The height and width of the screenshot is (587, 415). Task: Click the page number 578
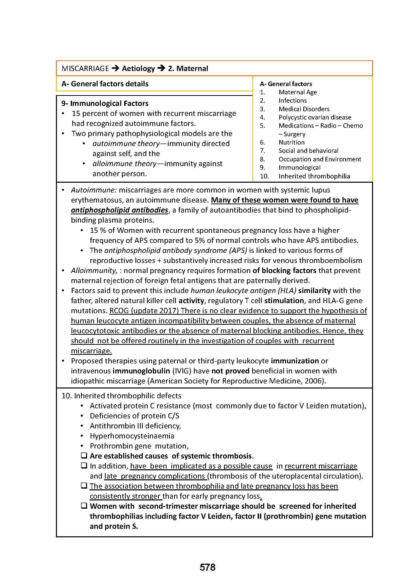pos(207,567)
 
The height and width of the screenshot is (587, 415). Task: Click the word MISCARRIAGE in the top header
pos(85,69)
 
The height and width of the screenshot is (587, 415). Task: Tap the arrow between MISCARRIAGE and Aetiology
pos(115,68)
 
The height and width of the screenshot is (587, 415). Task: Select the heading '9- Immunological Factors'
pos(105,103)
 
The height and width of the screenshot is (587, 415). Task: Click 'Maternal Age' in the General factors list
pos(298,92)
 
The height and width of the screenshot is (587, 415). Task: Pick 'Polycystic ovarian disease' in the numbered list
pos(315,117)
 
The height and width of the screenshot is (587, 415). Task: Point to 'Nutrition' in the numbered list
pos(291,142)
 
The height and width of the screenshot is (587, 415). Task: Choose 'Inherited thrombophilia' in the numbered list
pos(314,176)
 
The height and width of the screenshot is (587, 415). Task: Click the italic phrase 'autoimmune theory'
pos(126,144)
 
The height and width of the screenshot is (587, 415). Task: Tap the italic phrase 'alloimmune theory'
pos(124,164)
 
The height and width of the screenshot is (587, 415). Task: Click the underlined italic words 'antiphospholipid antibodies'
pos(119,210)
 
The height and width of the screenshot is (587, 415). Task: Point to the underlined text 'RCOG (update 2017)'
pos(144,310)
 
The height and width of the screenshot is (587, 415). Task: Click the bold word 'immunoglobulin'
pos(141,371)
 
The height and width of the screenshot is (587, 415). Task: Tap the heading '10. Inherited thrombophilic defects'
pos(121,396)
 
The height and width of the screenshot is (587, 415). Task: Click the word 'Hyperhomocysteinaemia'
pos(132,436)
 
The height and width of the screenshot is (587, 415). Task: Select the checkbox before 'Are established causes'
pos(84,455)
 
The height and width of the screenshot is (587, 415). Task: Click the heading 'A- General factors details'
pos(105,84)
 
